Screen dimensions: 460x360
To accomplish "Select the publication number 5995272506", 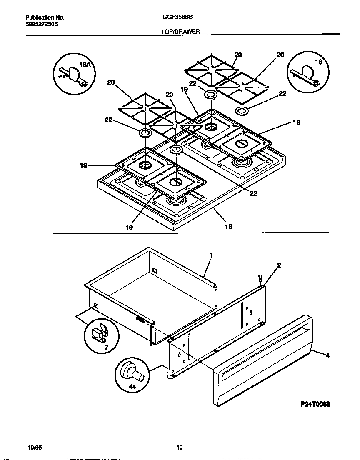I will (41, 24).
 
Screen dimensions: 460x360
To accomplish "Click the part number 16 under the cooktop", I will (228, 226).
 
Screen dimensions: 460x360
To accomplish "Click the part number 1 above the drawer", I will (211, 255).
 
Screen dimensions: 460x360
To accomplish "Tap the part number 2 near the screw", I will (279, 265).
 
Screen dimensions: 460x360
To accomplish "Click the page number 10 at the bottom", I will (180, 447).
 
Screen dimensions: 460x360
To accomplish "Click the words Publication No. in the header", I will (45, 17).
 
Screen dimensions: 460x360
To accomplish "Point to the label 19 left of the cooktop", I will (84, 165).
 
